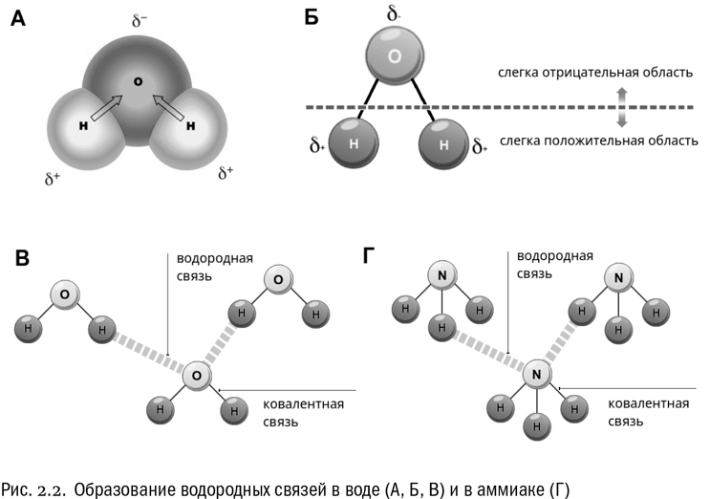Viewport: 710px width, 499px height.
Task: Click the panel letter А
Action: pyautogui.click(x=18, y=19)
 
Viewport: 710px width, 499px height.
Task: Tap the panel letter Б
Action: pyautogui.click(x=312, y=19)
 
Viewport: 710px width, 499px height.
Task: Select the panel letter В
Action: pyautogui.click(x=20, y=257)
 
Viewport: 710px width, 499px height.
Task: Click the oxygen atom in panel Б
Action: pyautogui.click(x=394, y=57)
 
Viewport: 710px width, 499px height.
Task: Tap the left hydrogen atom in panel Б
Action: pyautogui.click(x=354, y=144)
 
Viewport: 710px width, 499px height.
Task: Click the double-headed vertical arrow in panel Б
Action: pyautogui.click(x=621, y=107)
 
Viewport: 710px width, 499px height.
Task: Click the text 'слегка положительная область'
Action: pyautogui.click(x=598, y=141)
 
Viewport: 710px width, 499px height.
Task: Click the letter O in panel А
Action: pyautogui.click(x=139, y=82)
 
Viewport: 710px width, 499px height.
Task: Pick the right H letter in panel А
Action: pyautogui.click(x=191, y=125)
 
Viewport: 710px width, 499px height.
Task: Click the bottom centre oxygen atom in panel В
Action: pyautogui.click(x=197, y=376)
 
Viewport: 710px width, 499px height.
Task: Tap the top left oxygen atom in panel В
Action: pyautogui.click(x=63, y=294)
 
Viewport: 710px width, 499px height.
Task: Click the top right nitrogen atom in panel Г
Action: pyautogui.click(x=618, y=279)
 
